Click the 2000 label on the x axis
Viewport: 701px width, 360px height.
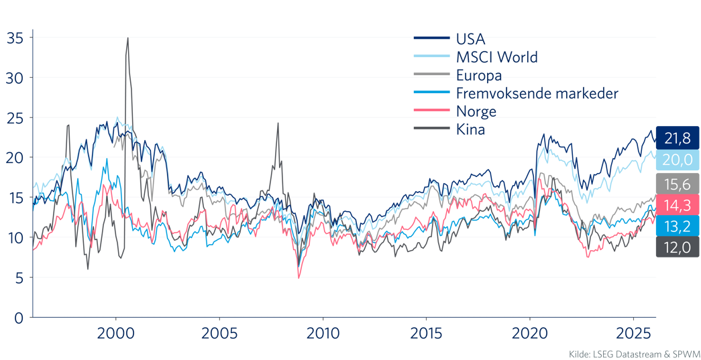tap(116, 333)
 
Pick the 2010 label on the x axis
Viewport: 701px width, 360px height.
tap(323, 333)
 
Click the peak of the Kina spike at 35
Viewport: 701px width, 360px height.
tap(127, 38)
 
